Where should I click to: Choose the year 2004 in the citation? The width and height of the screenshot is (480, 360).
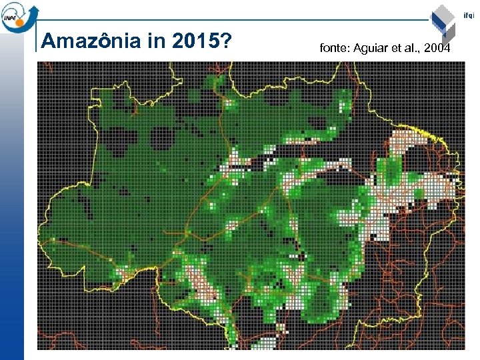(438, 49)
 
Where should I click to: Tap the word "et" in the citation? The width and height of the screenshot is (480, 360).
(397, 49)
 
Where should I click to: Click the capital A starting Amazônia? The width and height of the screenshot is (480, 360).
(47, 42)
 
